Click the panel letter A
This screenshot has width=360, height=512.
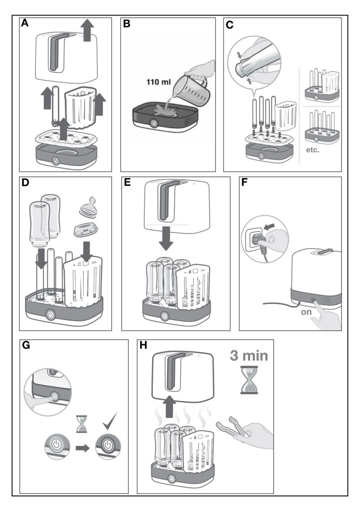coord(25,23)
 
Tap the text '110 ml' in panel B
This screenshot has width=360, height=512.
coord(159,82)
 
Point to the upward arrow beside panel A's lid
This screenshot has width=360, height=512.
coord(87,30)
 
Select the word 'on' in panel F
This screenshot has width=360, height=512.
coord(306,312)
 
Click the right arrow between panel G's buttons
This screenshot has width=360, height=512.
coord(82,447)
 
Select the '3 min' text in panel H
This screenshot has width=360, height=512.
coord(249,355)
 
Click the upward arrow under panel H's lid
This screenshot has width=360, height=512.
coord(171,407)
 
